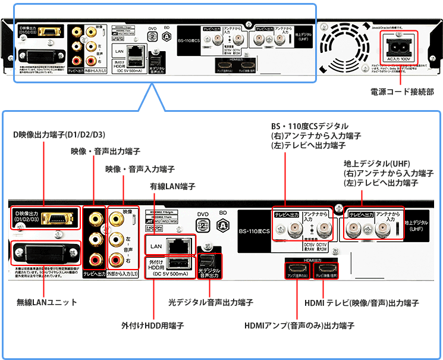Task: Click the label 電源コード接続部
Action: coord(401,92)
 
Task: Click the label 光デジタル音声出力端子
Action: coord(210,302)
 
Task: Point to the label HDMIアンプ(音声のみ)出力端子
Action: coord(299,325)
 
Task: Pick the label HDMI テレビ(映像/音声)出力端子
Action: coord(362,302)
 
